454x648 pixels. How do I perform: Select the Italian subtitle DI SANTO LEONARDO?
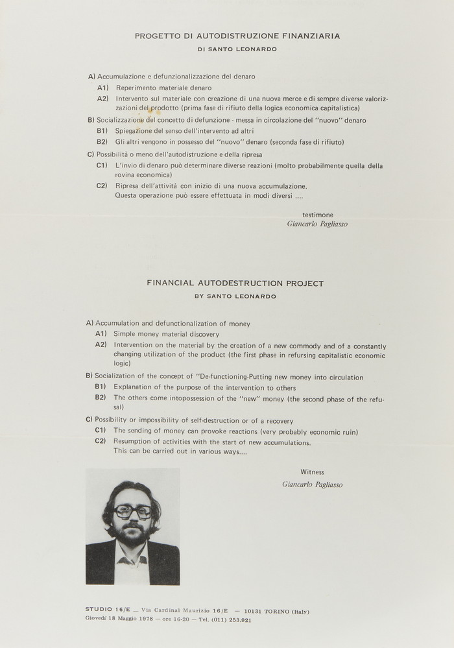pos(237,49)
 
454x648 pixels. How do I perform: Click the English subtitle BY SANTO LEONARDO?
pos(235,296)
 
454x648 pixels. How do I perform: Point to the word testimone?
pos(318,214)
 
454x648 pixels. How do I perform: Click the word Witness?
pos(312,472)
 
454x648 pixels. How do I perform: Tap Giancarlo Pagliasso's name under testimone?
pos(317,224)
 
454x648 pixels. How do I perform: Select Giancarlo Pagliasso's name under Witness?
pos(313,485)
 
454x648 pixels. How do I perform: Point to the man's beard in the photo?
pos(132,535)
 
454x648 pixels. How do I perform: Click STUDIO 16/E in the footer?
pos(108,610)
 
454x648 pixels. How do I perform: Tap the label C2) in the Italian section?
pos(101,186)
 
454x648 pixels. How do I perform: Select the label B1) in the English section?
pos(101,387)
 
